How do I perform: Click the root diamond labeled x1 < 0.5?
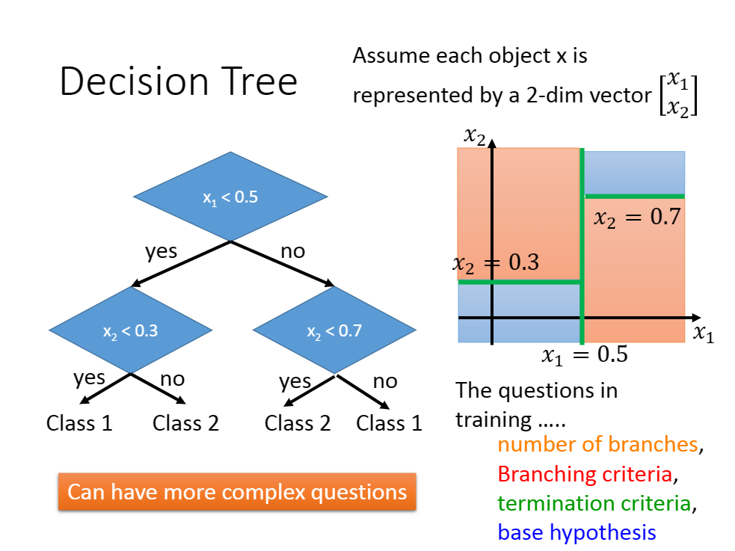230,197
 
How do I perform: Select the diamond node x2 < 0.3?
130,330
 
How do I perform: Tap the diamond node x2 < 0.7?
334,330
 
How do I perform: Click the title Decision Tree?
179,81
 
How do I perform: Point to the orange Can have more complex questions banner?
237,491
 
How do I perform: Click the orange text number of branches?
597,444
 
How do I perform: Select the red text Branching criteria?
585,474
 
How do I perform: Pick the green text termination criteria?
594,503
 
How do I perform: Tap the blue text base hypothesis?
576,533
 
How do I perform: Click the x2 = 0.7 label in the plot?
637,218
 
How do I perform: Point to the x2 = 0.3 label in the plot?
496,263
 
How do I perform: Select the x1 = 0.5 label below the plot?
585,354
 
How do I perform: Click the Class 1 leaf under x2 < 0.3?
79,423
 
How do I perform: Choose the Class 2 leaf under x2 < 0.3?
185,423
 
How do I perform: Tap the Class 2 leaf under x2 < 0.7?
297,423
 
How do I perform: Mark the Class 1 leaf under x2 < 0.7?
389,423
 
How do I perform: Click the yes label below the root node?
162,252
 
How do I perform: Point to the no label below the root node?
293,252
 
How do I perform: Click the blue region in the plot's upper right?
635,172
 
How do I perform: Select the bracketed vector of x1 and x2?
678,94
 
